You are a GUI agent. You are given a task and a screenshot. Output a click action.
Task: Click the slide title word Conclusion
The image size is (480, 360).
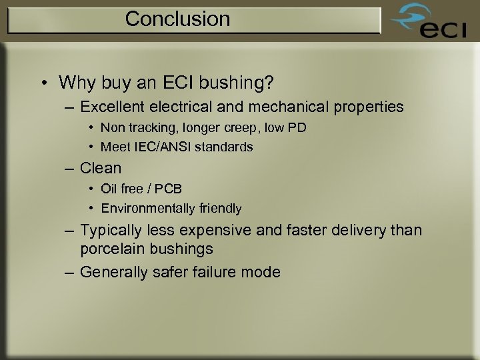click(177, 19)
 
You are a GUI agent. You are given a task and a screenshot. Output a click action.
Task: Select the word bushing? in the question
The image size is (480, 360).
click(241, 83)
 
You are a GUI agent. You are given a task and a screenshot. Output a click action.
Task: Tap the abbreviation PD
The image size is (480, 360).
click(297, 127)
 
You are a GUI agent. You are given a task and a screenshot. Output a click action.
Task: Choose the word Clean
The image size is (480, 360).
click(101, 167)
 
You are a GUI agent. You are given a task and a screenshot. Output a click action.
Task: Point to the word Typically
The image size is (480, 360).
click(111, 230)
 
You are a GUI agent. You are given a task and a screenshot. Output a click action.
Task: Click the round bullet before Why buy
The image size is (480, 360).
click(43, 83)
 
